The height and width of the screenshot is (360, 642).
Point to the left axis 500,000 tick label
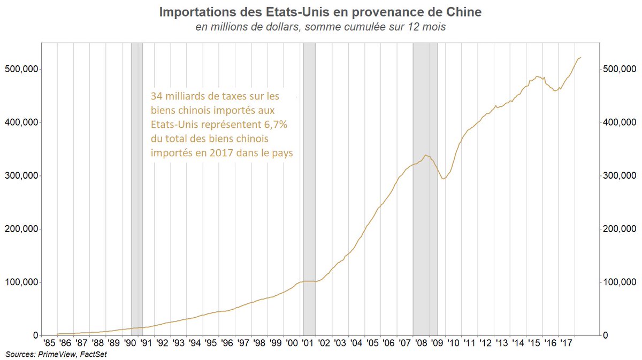click(x=21, y=70)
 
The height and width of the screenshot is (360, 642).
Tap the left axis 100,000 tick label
click(x=21, y=282)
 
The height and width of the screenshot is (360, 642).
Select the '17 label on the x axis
click(x=566, y=343)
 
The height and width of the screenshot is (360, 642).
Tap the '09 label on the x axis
click(x=437, y=343)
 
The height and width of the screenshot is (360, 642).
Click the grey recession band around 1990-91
click(x=137, y=187)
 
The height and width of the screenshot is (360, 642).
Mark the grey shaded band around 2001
click(x=309, y=187)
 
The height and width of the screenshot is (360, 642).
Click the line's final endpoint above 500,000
click(x=582, y=57)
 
